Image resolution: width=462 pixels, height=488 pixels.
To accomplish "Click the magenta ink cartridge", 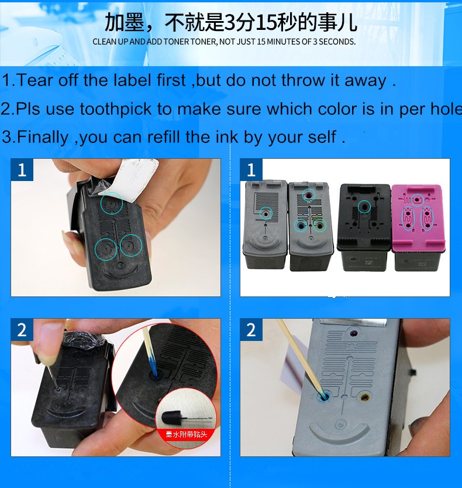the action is click(418, 227).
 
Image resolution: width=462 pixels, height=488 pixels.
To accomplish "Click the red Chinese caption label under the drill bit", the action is click(187, 434).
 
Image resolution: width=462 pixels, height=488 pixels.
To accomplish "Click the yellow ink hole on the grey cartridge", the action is click(364, 397).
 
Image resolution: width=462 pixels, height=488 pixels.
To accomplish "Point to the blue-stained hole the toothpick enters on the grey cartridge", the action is click(323, 397).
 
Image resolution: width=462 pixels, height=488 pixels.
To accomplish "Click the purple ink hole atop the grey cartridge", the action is click(353, 334).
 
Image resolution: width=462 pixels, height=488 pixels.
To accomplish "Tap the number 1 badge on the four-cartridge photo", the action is click(251, 170).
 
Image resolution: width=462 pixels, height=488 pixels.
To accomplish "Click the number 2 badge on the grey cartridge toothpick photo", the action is click(251, 330).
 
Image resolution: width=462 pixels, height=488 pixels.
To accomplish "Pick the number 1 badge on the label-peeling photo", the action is click(22, 170).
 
